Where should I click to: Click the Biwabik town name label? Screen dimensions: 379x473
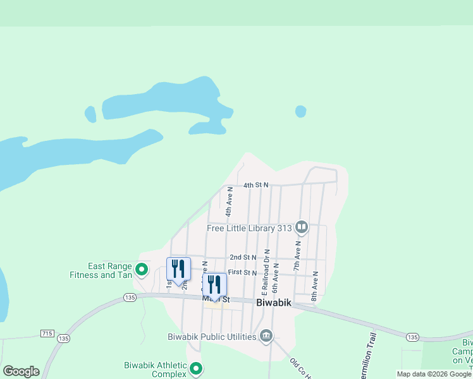pyautogui.click(x=274, y=303)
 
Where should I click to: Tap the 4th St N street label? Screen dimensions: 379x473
pyautogui.click(x=256, y=185)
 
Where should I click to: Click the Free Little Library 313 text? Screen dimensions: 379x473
pyautogui.click(x=250, y=228)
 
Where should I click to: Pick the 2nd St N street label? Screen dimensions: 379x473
pyautogui.click(x=242, y=257)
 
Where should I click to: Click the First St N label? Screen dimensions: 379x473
pyautogui.click(x=242, y=272)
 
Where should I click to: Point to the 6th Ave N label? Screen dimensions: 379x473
pyautogui.click(x=275, y=278)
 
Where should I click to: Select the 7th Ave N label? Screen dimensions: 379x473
pyautogui.click(x=297, y=241)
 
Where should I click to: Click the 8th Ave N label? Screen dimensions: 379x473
pyautogui.click(x=314, y=286)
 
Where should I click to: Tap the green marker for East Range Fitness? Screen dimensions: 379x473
pyautogui.click(x=142, y=270)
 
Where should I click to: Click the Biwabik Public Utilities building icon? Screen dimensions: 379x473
pyautogui.click(x=266, y=336)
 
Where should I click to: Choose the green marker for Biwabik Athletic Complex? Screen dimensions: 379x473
pyautogui.click(x=196, y=368)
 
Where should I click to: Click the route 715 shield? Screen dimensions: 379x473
pyautogui.click(x=47, y=333)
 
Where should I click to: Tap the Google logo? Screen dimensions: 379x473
pyautogui.click(x=21, y=371)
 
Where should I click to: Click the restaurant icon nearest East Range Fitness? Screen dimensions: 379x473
pyautogui.click(x=178, y=268)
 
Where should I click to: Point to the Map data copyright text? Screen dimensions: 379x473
pyautogui.click(x=434, y=374)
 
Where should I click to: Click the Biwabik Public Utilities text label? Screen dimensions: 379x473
pyautogui.click(x=212, y=336)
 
